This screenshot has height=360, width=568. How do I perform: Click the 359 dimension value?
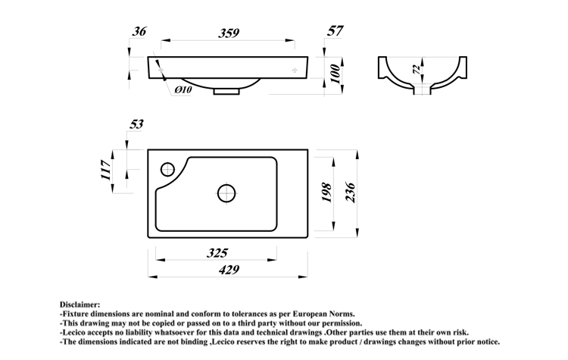click(x=229, y=33)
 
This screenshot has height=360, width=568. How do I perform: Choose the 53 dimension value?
click(x=137, y=124)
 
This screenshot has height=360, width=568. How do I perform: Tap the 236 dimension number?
click(x=351, y=192)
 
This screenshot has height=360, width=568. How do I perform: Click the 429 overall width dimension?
click(x=228, y=269)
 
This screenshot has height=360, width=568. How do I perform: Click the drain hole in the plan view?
click(x=226, y=193)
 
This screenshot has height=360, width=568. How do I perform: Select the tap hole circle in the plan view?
click(x=167, y=167)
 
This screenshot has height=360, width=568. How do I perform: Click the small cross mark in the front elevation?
click(x=295, y=69)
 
